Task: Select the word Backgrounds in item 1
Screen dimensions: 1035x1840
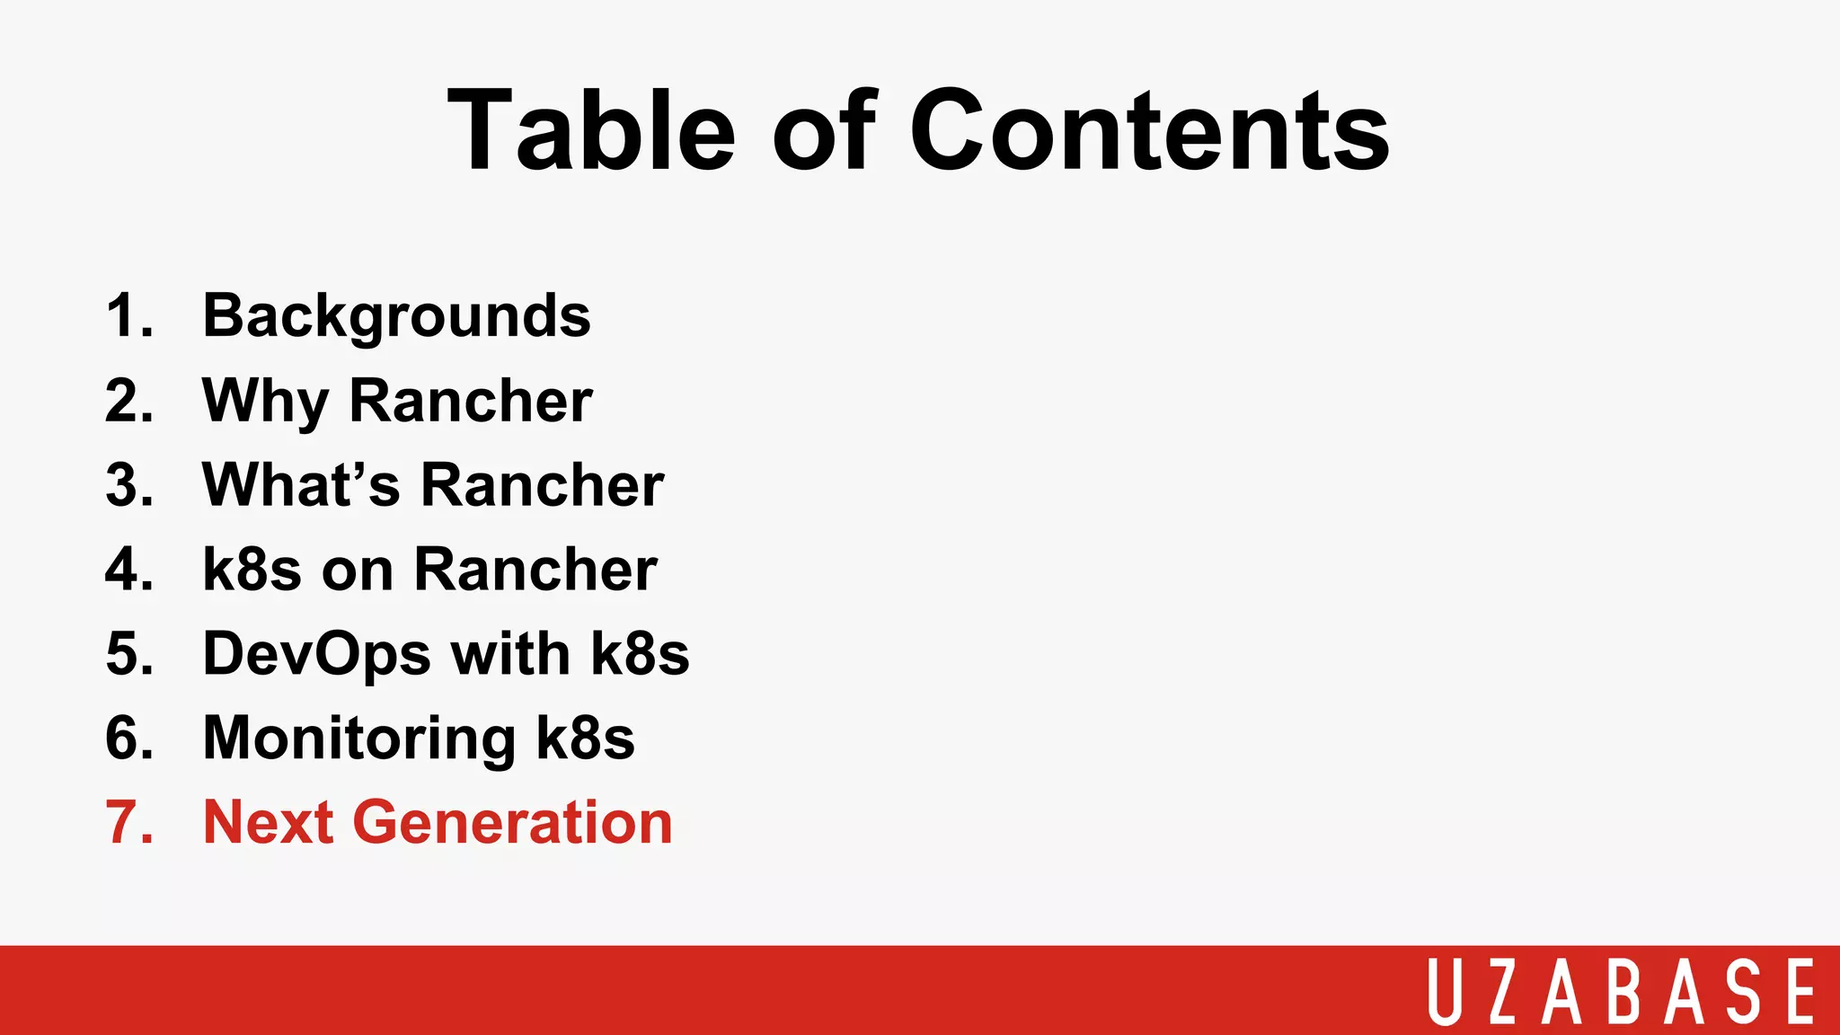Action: tap(396, 317)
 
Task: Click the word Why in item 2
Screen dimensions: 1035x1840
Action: tap(265, 402)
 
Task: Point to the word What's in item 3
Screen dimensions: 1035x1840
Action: tap(301, 485)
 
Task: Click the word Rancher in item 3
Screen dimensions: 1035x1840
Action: tap(542, 485)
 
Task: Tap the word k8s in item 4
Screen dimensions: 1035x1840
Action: tap(252, 570)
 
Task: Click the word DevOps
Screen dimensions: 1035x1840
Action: tap(316, 654)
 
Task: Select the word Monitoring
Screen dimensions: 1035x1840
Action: tap(358, 739)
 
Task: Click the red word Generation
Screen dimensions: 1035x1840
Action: tap(512, 822)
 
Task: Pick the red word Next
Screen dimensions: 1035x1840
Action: tap(268, 822)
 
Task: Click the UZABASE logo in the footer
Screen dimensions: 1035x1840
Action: tap(1622, 991)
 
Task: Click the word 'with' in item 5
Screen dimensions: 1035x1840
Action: tap(510, 654)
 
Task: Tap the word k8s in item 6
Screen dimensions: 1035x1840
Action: tap(585, 739)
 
